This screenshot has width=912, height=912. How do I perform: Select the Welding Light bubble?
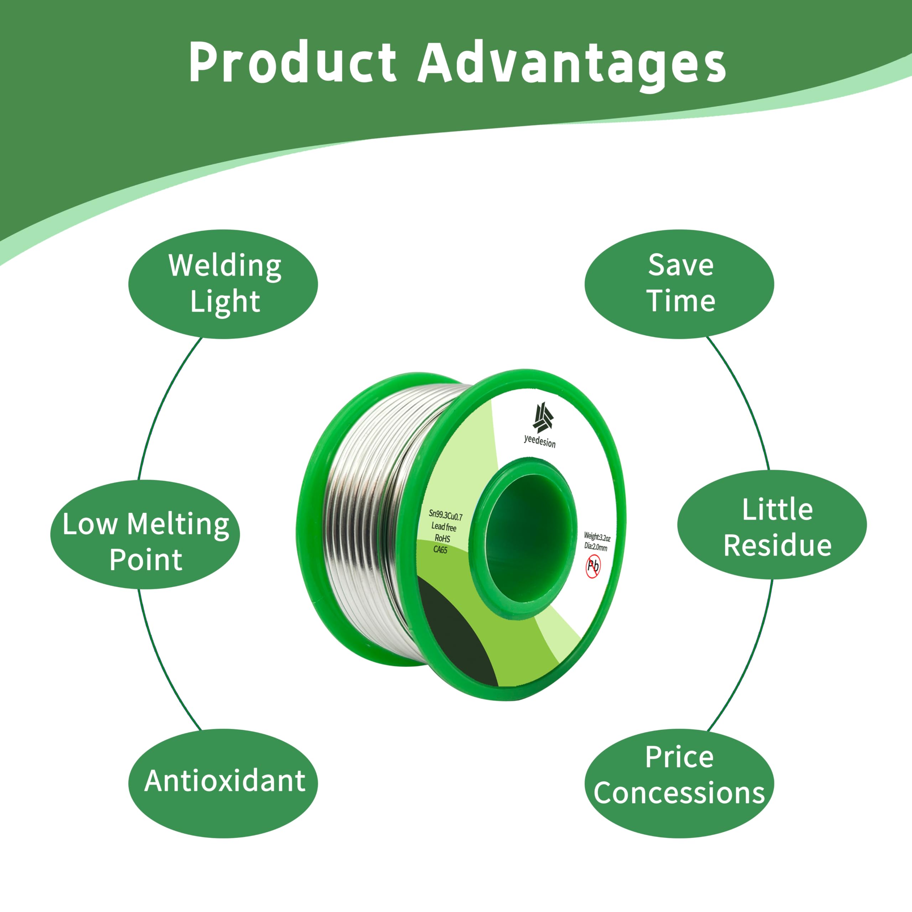[223, 284]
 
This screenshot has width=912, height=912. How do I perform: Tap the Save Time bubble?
[679, 284]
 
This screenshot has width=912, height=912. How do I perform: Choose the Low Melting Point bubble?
[145, 534]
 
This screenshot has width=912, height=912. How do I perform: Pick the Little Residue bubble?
[772, 524]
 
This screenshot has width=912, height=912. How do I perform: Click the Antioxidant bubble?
[223, 784]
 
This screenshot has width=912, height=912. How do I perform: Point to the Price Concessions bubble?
[679, 784]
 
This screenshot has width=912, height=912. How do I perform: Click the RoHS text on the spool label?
[442, 538]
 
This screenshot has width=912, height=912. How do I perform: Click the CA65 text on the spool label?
[440, 549]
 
